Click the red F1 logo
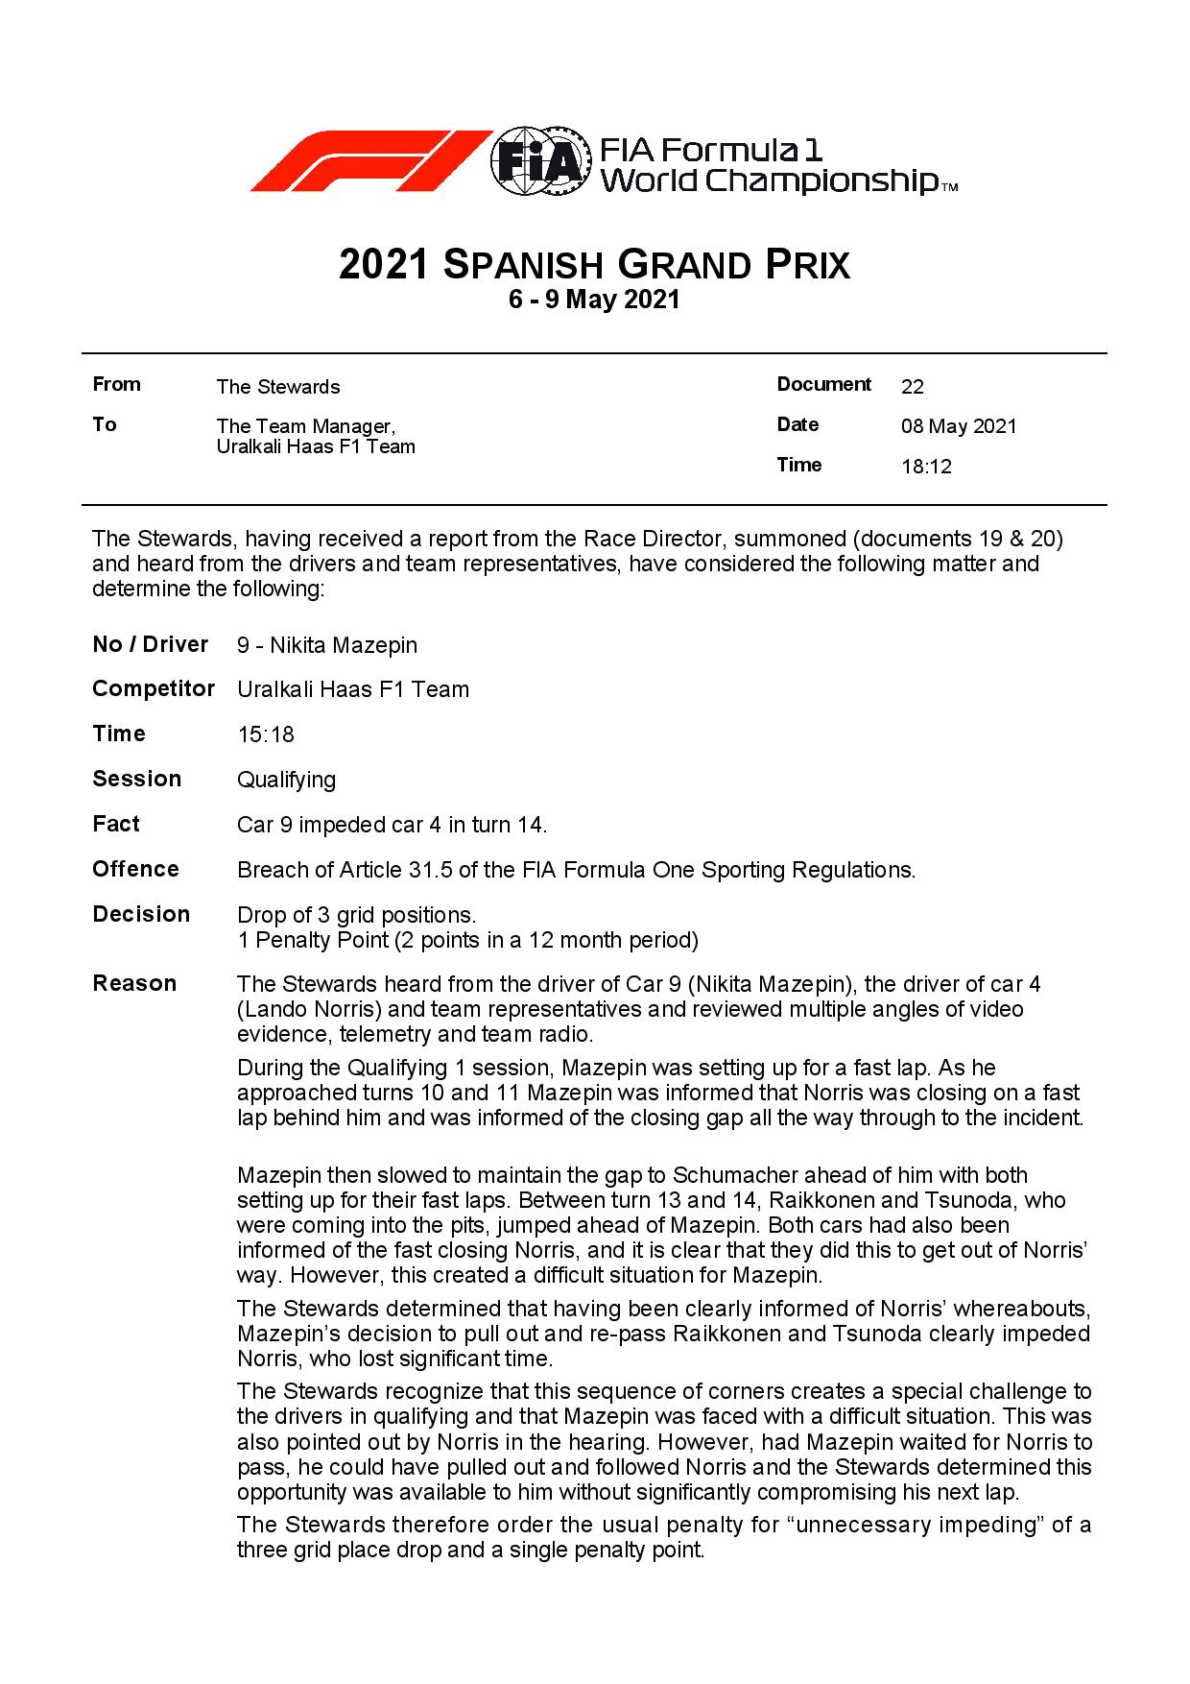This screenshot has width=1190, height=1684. [369, 161]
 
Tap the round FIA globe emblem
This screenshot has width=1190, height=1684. [540, 161]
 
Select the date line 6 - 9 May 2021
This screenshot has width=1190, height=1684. [594, 300]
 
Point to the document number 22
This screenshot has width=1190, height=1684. [912, 387]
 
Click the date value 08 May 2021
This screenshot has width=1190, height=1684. [958, 427]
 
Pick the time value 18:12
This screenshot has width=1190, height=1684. [926, 468]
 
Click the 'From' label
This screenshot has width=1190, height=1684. [116, 385]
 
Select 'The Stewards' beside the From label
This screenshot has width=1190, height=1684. [277, 387]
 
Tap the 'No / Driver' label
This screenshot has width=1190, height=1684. [150, 644]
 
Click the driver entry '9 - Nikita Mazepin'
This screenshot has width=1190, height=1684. [326, 645]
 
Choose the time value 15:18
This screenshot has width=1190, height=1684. [265, 735]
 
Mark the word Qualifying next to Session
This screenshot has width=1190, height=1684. [286, 780]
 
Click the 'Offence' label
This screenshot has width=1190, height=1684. [135, 869]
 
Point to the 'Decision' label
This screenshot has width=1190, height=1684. [141, 914]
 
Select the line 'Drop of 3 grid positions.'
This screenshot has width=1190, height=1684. [356, 915]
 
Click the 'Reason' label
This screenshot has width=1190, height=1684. [134, 983]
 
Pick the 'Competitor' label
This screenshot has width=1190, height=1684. [153, 689]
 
